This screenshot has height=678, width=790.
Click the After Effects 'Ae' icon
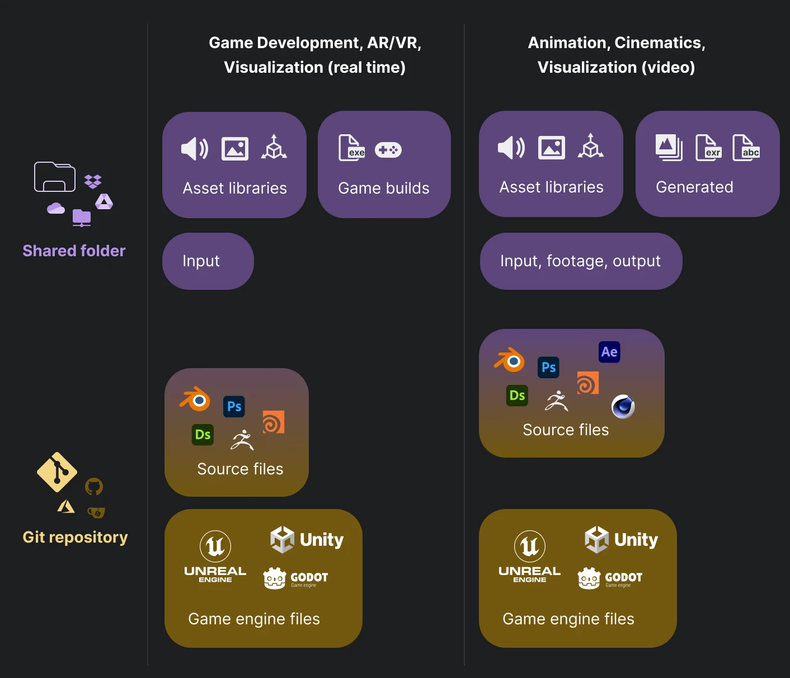(609, 352)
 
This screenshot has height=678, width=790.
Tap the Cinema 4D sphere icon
(623, 407)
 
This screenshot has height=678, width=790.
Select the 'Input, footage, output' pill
(581, 261)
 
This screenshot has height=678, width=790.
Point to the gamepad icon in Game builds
(388, 150)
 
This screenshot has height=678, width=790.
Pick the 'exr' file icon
(708, 148)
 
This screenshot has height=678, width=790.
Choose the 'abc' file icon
(746, 148)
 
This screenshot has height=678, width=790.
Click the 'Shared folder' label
(74, 251)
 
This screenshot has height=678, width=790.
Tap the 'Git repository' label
(75, 537)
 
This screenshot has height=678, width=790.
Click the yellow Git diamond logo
(57, 472)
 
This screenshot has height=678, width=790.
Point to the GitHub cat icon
(94, 487)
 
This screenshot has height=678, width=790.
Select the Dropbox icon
(93, 181)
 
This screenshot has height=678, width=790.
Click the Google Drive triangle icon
(104, 201)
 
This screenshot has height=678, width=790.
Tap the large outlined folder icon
(55, 177)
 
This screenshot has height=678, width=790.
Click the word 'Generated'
(694, 187)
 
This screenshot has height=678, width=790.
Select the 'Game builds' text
(384, 188)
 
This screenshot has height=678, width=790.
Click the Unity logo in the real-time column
(307, 540)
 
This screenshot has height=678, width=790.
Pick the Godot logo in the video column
(610, 578)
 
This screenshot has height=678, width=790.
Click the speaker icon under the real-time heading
(194, 149)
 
